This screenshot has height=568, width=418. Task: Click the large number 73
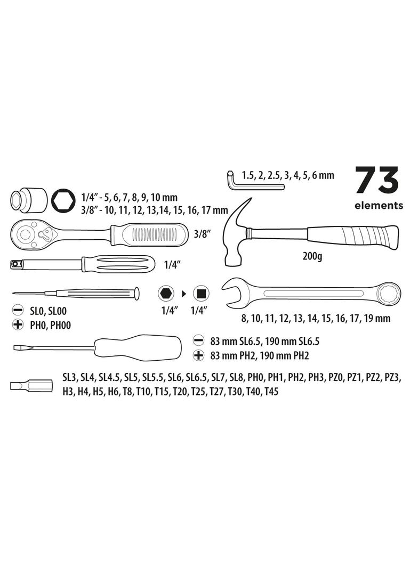point(377,181)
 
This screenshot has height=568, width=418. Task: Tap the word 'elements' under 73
point(379,206)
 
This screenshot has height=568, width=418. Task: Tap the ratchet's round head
point(26,233)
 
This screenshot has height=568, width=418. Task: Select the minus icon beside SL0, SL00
point(18,310)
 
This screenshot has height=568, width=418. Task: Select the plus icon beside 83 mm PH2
point(198,355)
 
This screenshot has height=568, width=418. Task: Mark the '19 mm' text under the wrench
point(378,319)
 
